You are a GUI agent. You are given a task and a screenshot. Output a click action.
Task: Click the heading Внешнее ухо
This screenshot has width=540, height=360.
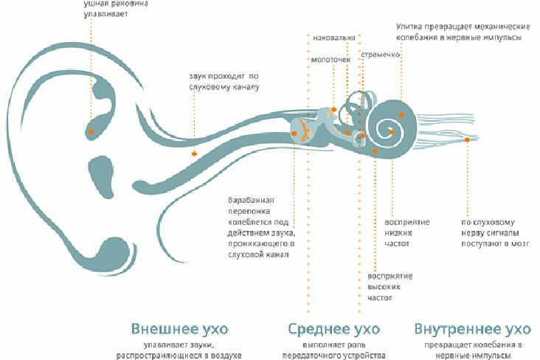pyautogui.click(x=179, y=328)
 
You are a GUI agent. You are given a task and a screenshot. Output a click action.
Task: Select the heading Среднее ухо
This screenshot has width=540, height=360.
pyautogui.click(x=333, y=328)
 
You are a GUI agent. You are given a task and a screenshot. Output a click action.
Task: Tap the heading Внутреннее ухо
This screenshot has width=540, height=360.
pyautogui.click(x=472, y=328)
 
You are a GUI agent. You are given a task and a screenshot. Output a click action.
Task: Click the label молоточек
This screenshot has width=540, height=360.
pyautogui.click(x=330, y=60)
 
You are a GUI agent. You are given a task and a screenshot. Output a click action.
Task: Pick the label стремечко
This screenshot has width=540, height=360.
pyautogui.click(x=380, y=55)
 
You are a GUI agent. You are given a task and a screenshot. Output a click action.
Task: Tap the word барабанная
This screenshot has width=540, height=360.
pyautogui.click(x=251, y=201)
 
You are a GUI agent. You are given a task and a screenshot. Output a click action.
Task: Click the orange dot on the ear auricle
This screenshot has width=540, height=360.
pyautogui.click(x=91, y=131)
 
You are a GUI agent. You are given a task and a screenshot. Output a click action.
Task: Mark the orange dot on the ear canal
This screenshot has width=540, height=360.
pyautogui.click(x=194, y=153)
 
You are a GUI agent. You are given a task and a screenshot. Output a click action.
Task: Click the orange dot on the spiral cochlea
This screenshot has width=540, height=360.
pyautogui.click(x=401, y=115)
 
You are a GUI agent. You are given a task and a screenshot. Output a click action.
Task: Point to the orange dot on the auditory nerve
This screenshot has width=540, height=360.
pyautogui.click(x=467, y=144)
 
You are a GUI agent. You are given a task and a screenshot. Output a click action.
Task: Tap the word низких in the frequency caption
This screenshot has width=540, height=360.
pyautogui.click(x=398, y=232)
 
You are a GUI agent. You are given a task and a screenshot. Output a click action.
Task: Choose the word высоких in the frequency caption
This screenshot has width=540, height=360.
pyautogui.click(x=384, y=287)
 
